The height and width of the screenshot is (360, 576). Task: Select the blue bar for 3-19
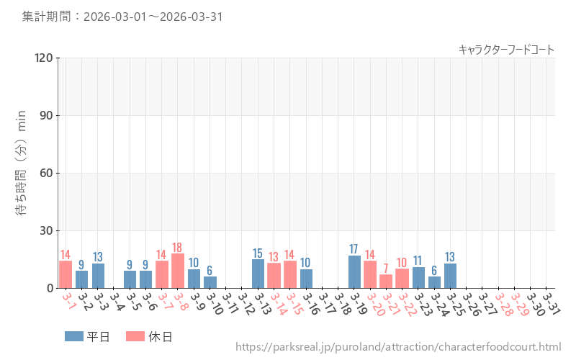354,272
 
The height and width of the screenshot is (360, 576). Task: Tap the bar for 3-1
66,275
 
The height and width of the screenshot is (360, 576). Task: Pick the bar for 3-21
386,282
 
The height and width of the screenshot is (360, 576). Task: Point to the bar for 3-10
210,282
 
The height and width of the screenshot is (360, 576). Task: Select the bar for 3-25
450,276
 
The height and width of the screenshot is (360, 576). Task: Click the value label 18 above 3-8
178,248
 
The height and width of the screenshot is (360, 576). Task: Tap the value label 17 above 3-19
354,250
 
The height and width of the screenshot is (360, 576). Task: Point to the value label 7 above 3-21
386,269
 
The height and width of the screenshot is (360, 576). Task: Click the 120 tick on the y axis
43,58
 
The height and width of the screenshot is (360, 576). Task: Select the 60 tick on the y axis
46,174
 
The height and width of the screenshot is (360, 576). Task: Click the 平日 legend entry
87,336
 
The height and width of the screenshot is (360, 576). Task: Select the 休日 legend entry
149,336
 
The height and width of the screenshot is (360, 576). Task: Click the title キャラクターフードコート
506,50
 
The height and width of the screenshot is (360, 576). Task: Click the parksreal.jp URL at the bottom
398,348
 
